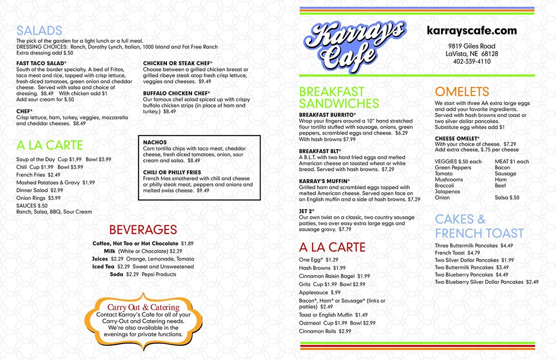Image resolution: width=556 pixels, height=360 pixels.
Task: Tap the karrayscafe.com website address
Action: point(471,30)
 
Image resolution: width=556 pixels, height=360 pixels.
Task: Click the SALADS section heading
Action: point(39,30)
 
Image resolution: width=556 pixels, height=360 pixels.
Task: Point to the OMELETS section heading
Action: point(461,91)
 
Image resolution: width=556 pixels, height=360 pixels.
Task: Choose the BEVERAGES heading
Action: point(143,229)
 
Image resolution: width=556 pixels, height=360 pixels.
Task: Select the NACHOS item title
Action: point(155,142)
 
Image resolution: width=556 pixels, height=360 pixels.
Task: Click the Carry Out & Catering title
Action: point(143,307)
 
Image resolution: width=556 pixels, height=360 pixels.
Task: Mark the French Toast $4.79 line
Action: point(457,253)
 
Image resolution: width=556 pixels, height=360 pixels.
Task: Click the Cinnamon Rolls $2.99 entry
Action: point(325,331)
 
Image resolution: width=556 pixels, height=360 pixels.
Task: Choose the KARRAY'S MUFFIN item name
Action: point(323,181)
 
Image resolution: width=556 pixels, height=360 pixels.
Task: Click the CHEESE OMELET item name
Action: point(457,138)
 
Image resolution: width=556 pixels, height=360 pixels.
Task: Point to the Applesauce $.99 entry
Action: point(319,292)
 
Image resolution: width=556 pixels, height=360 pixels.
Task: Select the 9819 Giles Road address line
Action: point(471,46)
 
